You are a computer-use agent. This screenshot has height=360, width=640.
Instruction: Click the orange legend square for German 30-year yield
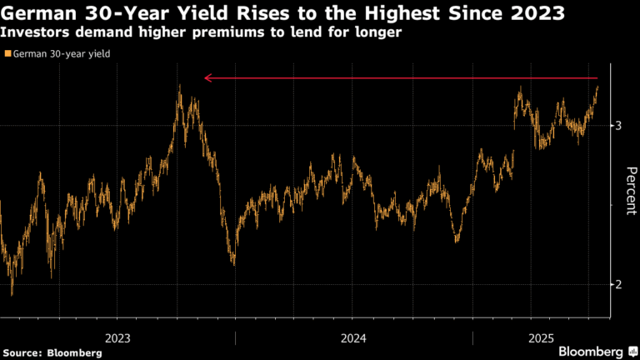(7, 54)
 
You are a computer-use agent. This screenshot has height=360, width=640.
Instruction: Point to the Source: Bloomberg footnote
(52, 352)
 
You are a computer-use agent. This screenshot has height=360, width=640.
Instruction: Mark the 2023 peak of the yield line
(179, 87)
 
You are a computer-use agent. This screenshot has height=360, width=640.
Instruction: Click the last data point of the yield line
(597, 87)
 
